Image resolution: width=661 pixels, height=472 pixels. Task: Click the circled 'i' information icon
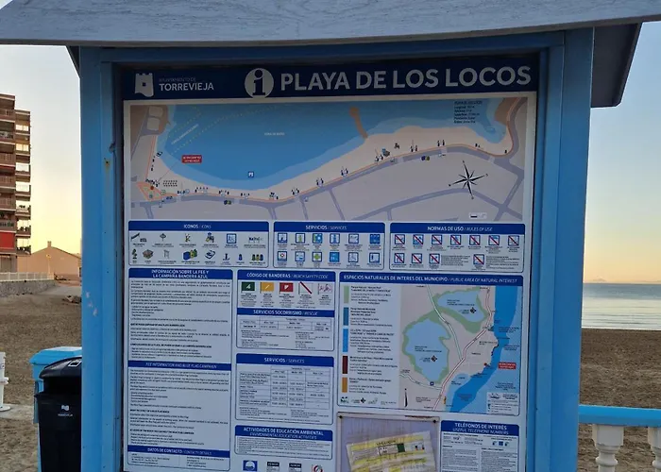[x=259, y=82]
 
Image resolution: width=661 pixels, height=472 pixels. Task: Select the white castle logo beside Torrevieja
[x=144, y=85]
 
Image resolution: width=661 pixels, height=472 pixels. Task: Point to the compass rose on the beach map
[x=467, y=178]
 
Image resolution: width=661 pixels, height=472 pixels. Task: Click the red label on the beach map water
[x=192, y=159]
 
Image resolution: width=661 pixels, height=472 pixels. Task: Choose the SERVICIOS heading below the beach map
[x=329, y=228]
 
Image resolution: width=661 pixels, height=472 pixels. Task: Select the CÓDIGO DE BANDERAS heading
[x=285, y=276]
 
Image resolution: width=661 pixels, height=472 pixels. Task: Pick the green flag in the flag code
[x=247, y=287]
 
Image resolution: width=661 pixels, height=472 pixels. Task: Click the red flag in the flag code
[x=286, y=287]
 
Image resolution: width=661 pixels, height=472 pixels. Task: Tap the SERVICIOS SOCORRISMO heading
[x=285, y=312]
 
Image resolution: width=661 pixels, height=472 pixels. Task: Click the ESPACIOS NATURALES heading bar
[x=431, y=279]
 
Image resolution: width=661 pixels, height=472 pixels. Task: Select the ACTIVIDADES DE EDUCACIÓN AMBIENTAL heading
[x=283, y=432]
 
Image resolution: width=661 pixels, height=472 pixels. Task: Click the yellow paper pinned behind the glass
[x=390, y=452]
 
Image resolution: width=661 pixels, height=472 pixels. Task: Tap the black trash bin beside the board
[x=60, y=416]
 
